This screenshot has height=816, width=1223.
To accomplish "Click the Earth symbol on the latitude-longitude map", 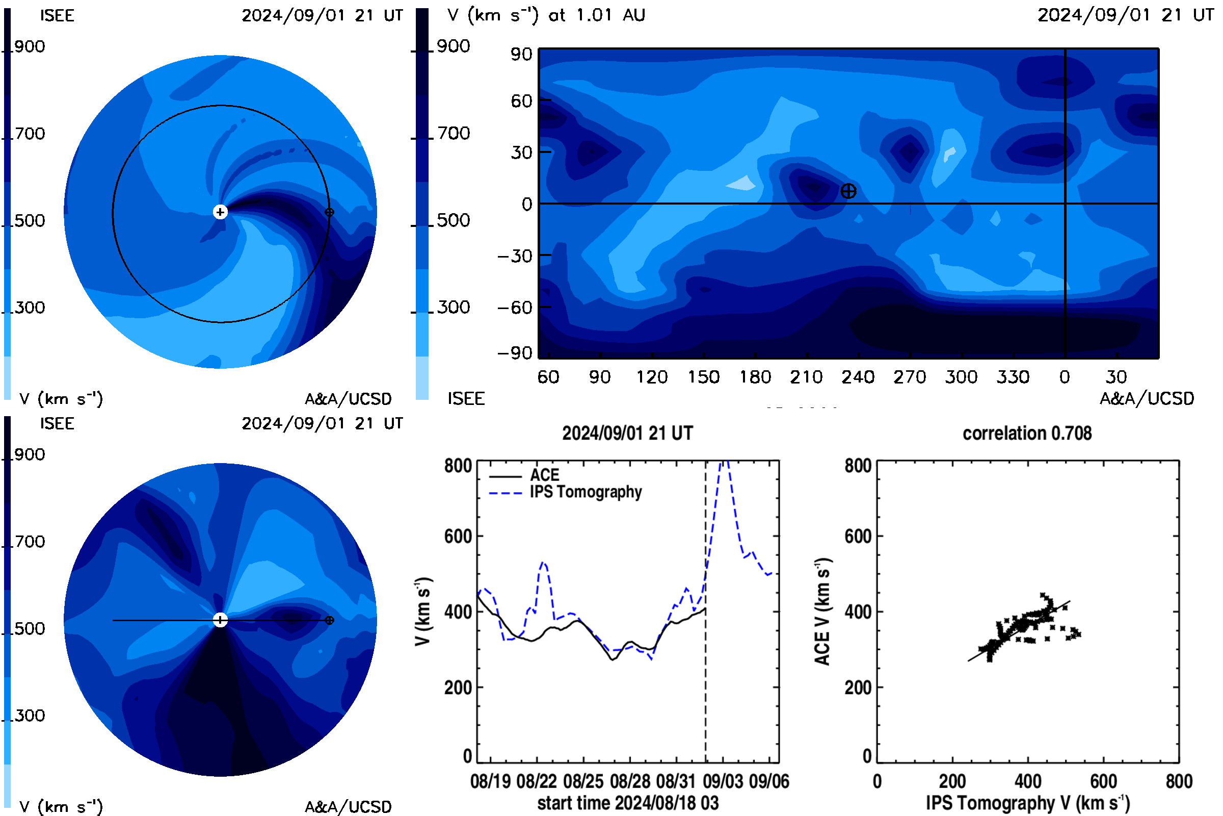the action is [848, 191].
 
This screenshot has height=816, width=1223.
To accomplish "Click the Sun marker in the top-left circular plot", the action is [221, 212].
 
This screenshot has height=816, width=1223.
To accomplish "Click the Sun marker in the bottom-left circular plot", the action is [221, 620].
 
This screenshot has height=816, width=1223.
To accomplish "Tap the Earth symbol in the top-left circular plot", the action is [329, 212].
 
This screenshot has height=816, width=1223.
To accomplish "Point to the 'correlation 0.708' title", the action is [1027, 433].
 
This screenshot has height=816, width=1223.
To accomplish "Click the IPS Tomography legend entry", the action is [565, 492].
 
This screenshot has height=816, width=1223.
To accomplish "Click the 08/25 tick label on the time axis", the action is [583, 781].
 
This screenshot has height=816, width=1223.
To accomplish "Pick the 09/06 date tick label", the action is [769, 781].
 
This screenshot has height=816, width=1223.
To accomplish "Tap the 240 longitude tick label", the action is [858, 377].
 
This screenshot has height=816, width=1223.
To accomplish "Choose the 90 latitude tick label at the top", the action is [521, 54].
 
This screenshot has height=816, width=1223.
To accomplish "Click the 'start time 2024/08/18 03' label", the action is [628, 803].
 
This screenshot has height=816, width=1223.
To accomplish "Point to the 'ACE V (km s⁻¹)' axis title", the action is [822, 611].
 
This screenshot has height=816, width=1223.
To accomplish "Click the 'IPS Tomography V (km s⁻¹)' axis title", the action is [1028, 803].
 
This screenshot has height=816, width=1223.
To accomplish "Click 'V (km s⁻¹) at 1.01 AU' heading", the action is [546, 15].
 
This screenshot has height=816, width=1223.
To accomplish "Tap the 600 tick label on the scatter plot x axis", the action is [1103, 781].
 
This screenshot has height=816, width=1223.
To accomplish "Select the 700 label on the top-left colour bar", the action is [30, 134].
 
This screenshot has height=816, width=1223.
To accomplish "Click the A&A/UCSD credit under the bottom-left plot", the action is [348, 807].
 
